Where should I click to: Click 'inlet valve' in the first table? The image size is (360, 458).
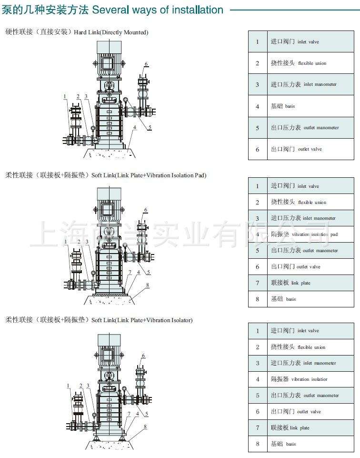[x=308, y=42]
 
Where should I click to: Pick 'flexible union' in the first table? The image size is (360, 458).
[x=312, y=63]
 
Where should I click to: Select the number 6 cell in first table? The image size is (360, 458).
[x=258, y=149]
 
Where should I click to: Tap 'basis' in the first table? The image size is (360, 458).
[x=290, y=106]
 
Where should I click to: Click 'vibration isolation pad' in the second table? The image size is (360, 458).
[x=314, y=234]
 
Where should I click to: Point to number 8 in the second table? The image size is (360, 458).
[x=258, y=299]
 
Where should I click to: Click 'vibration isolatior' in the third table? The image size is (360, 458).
[x=309, y=379]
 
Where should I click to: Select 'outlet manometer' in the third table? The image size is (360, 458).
[x=321, y=396]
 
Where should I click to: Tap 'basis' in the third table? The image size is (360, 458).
[x=290, y=444]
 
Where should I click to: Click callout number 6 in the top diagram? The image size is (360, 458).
[x=146, y=64]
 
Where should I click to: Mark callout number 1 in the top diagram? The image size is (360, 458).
[x=65, y=97]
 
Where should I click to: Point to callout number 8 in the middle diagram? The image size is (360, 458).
[x=148, y=285]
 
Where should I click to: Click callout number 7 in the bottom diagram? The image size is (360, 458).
[x=128, y=414]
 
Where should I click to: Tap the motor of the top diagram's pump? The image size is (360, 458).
[x=110, y=60]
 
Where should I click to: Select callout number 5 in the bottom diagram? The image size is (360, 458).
[x=147, y=414]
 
